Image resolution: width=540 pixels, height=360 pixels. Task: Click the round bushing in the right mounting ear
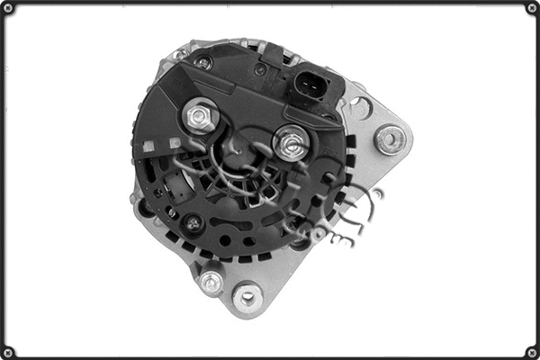[x=390, y=139]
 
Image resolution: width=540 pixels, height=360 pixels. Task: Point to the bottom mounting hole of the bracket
[x=246, y=295]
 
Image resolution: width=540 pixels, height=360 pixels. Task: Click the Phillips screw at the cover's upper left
[x=204, y=63]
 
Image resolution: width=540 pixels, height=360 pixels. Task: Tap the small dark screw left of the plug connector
[x=260, y=69]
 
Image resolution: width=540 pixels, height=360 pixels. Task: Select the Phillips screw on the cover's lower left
[x=192, y=222]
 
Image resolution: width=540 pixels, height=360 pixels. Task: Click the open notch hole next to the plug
[x=359, y=108]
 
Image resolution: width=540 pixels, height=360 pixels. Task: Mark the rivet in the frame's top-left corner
[x=8, y=8]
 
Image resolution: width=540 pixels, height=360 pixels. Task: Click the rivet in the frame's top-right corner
[x=531, y=8]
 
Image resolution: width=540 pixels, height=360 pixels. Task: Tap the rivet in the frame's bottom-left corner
[x=8, y=351]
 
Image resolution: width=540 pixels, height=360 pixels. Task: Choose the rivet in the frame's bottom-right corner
[x=531, y=351]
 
